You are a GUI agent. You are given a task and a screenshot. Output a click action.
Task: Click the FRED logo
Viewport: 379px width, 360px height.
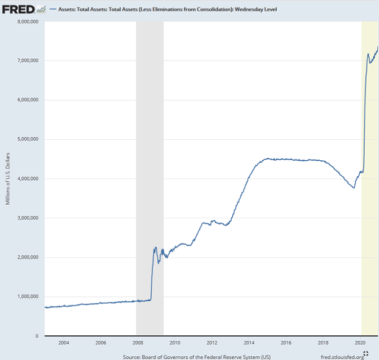19,9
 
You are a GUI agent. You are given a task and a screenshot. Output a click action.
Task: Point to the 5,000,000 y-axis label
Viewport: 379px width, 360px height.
26,139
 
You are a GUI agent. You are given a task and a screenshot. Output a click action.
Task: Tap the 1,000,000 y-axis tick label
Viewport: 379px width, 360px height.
26,296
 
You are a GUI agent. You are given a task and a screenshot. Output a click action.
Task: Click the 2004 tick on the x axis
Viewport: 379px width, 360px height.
64,342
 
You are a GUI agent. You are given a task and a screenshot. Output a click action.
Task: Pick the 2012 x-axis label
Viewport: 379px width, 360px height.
212,342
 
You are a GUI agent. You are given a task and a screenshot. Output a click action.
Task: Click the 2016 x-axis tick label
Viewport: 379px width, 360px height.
286,342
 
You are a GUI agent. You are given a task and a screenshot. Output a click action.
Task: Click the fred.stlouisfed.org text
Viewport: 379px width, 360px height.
342,356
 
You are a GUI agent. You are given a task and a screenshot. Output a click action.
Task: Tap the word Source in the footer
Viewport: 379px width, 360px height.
133,356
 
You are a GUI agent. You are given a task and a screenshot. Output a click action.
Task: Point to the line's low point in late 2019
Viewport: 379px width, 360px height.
354,187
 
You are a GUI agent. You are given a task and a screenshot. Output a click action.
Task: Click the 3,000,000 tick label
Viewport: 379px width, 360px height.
26,218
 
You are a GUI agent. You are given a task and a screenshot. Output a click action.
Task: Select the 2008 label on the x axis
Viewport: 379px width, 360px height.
138,342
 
